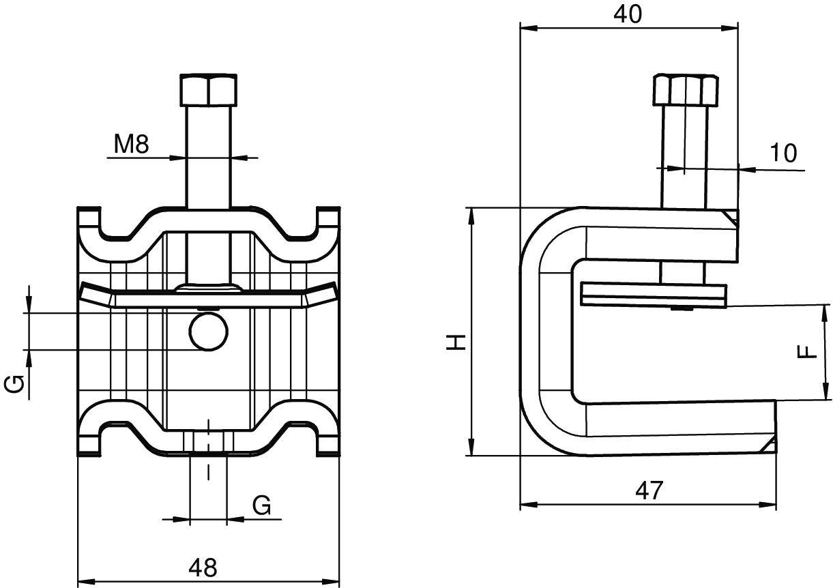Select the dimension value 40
click(628, 14)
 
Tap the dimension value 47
click(648, 490)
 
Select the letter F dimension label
click(807, 352)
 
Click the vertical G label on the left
click(16, 385)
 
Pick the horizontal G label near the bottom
click(262, 505)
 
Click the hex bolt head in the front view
click(209, 89)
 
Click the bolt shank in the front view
click(209, 157)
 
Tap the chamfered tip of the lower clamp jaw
click(770, 445)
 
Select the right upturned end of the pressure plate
click(322, 293)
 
